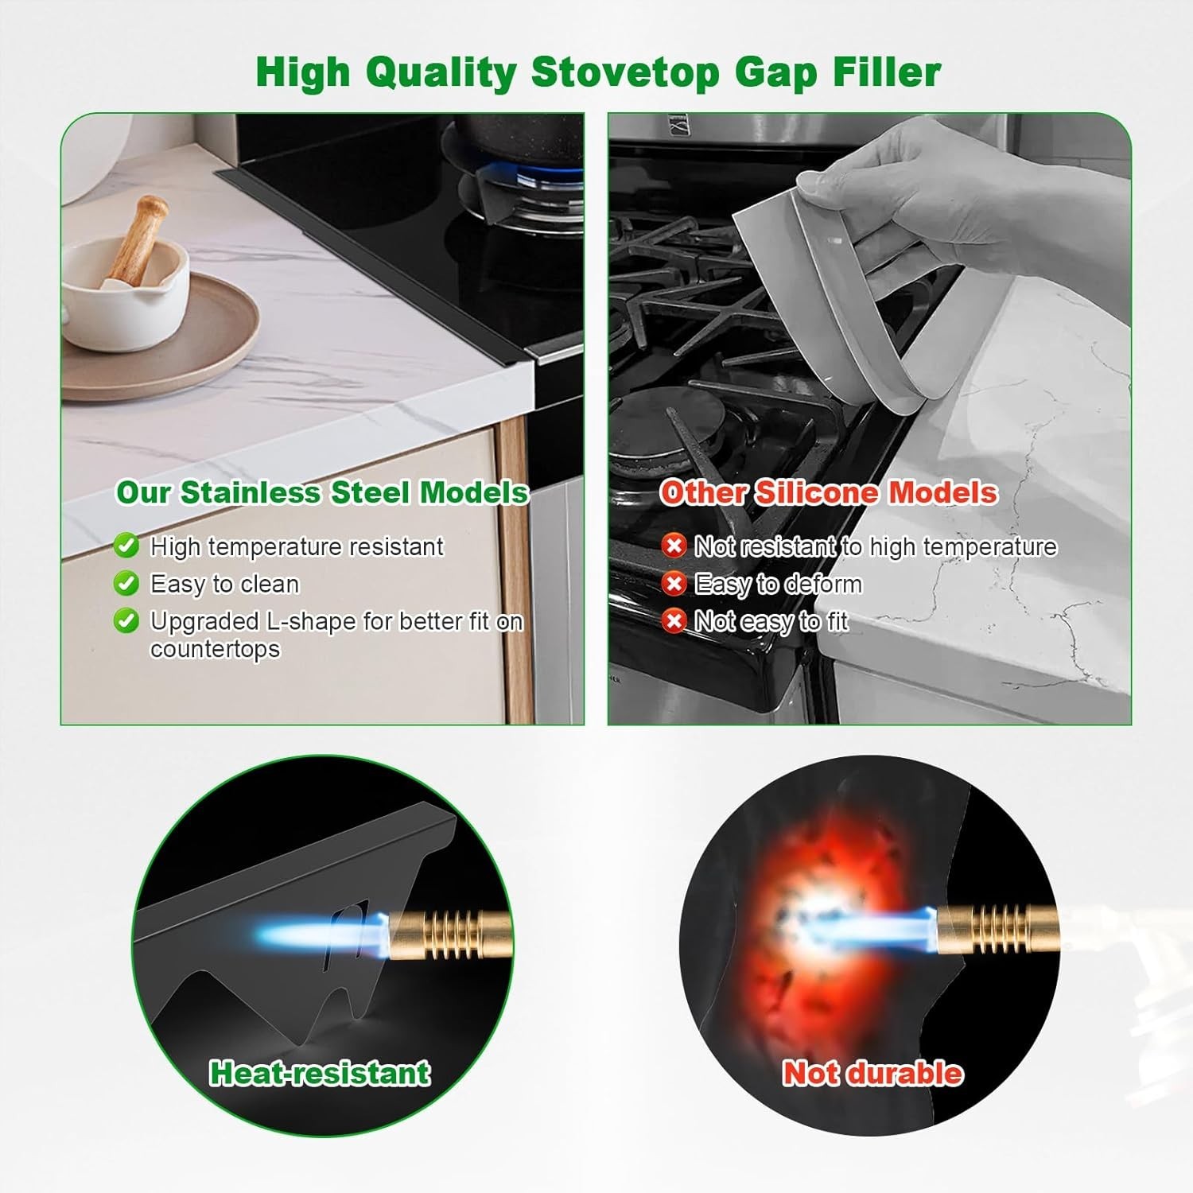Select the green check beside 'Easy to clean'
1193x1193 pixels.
pyautogui.click(x=126, y=583)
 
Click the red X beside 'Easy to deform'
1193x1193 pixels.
pyautogui.click(x=674, y=584)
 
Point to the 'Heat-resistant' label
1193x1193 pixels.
pyautogui.click(x=320, y=1073)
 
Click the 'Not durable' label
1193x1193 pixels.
pyautogui.click(x=872, y=1073)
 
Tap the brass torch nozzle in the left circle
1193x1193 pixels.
pyautogui.click(x=445, y=935)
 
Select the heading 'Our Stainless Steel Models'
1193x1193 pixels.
pyautogui.click(x=322, y=492)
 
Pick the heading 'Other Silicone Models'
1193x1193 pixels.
pyautogui.click(x=828, y=492)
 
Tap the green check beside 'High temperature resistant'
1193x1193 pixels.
pyautogui.click(x=126, y=546)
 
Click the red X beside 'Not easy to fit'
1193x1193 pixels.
pyautogui.click(x=674, y=620)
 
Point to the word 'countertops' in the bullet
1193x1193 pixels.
pyautogui.click(x=215, y=649)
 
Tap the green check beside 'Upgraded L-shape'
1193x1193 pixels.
pyautogui.click(x=126, y=620)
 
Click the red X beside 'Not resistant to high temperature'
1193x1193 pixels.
pyautogui.click(x=674, y=546)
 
